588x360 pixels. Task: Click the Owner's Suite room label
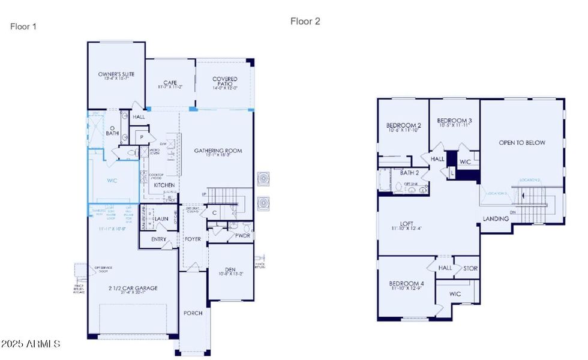pos(116,74)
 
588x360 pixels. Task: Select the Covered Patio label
pos(224,79)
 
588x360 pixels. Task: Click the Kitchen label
pos(164,185)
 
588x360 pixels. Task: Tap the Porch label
pos(193,313)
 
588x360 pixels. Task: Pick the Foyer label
pos(193,239)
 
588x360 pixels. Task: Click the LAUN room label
pos(161,220)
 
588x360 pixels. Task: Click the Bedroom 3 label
pos(454,120)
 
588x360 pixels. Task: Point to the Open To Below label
pos(522,143)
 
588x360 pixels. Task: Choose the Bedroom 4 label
pos(406,284)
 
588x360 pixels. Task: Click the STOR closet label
pos(470,268)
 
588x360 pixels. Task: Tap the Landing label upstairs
pos(496,219)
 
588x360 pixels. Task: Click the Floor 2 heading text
pos(305,22)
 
